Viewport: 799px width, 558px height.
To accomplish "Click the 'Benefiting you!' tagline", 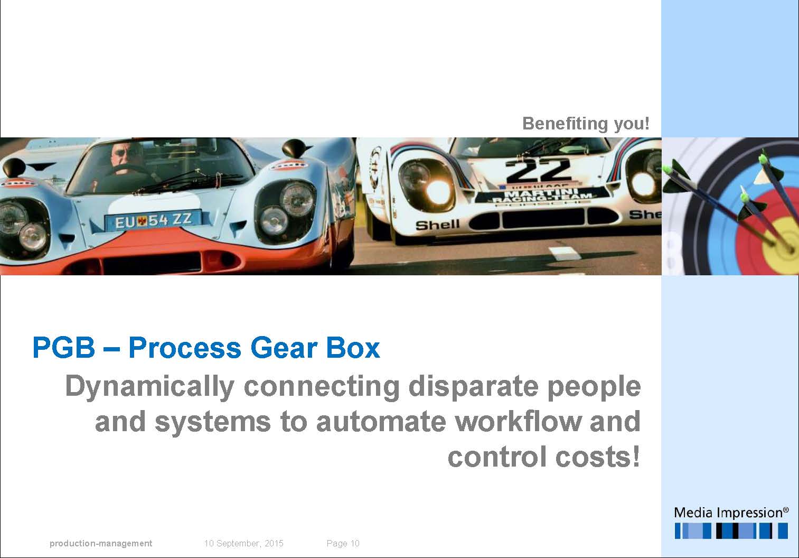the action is click(x=586, y=124).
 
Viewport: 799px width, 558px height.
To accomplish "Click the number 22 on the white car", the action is click(x=538, y=171).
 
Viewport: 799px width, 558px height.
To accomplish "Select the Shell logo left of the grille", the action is click(x=438, y=225).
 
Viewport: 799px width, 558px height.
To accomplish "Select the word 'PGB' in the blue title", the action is click(x=64, y=347).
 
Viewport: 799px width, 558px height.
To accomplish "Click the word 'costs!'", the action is click(x=598, y=457).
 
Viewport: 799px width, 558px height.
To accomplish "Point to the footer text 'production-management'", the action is click(x=101, y=543).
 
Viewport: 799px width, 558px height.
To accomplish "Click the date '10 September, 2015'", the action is click(x=243, y=543).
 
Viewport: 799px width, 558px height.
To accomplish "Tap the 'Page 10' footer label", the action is click(x=343, y=543).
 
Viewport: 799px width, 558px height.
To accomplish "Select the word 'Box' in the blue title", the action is click(x=353, y=347).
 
